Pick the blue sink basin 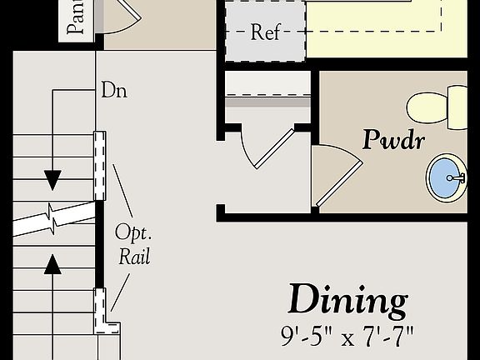click(x=448, y=177)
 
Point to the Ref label click(x=266, y=34)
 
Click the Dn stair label click(x=113, y=89)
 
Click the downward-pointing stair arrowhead click(x=53, y=179)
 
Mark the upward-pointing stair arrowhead click(x=53, y=264)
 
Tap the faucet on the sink click(x=456, y=177)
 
